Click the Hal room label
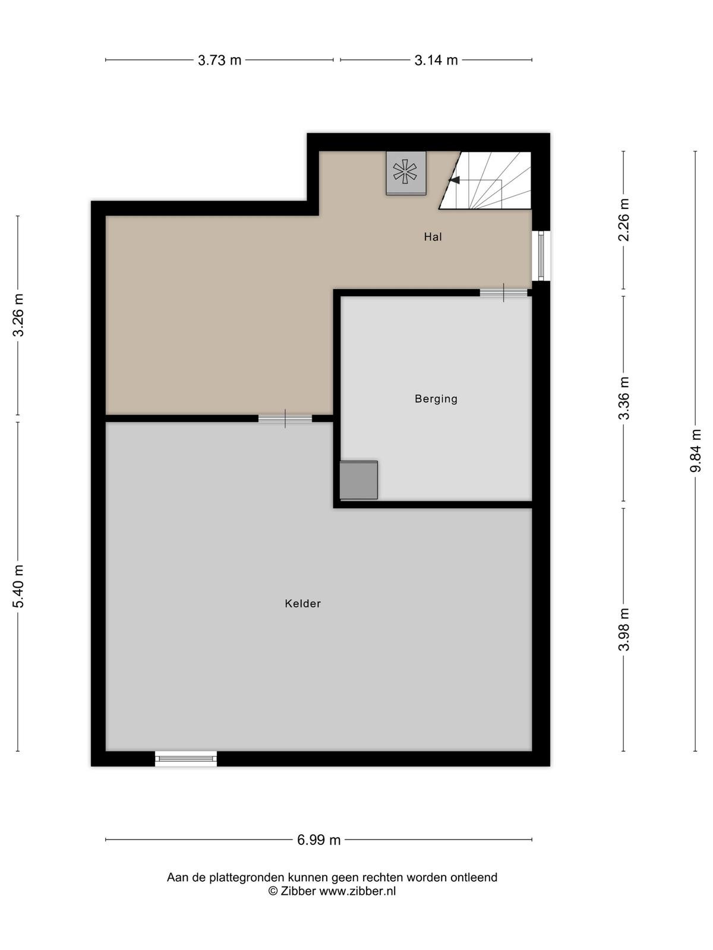pos(433,237)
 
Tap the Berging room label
pos(436,398)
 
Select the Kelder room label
pos(302,603)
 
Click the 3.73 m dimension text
pos(219,60)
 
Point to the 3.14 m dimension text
pos(436,60)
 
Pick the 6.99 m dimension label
pos(318,840)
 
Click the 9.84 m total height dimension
pos(695,451)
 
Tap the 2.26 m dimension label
pos(623,220)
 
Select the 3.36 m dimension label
pos(623,398)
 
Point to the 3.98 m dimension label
pos(623,629)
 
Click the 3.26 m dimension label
pos(18,315)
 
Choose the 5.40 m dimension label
pos(18,586)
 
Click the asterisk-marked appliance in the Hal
pos(406,173)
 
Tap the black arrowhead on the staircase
pos(454,180)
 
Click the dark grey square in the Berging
pos(358,480)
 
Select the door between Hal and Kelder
pos(285,419)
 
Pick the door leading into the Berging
pos(503,293)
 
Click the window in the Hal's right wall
pos(541,255)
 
